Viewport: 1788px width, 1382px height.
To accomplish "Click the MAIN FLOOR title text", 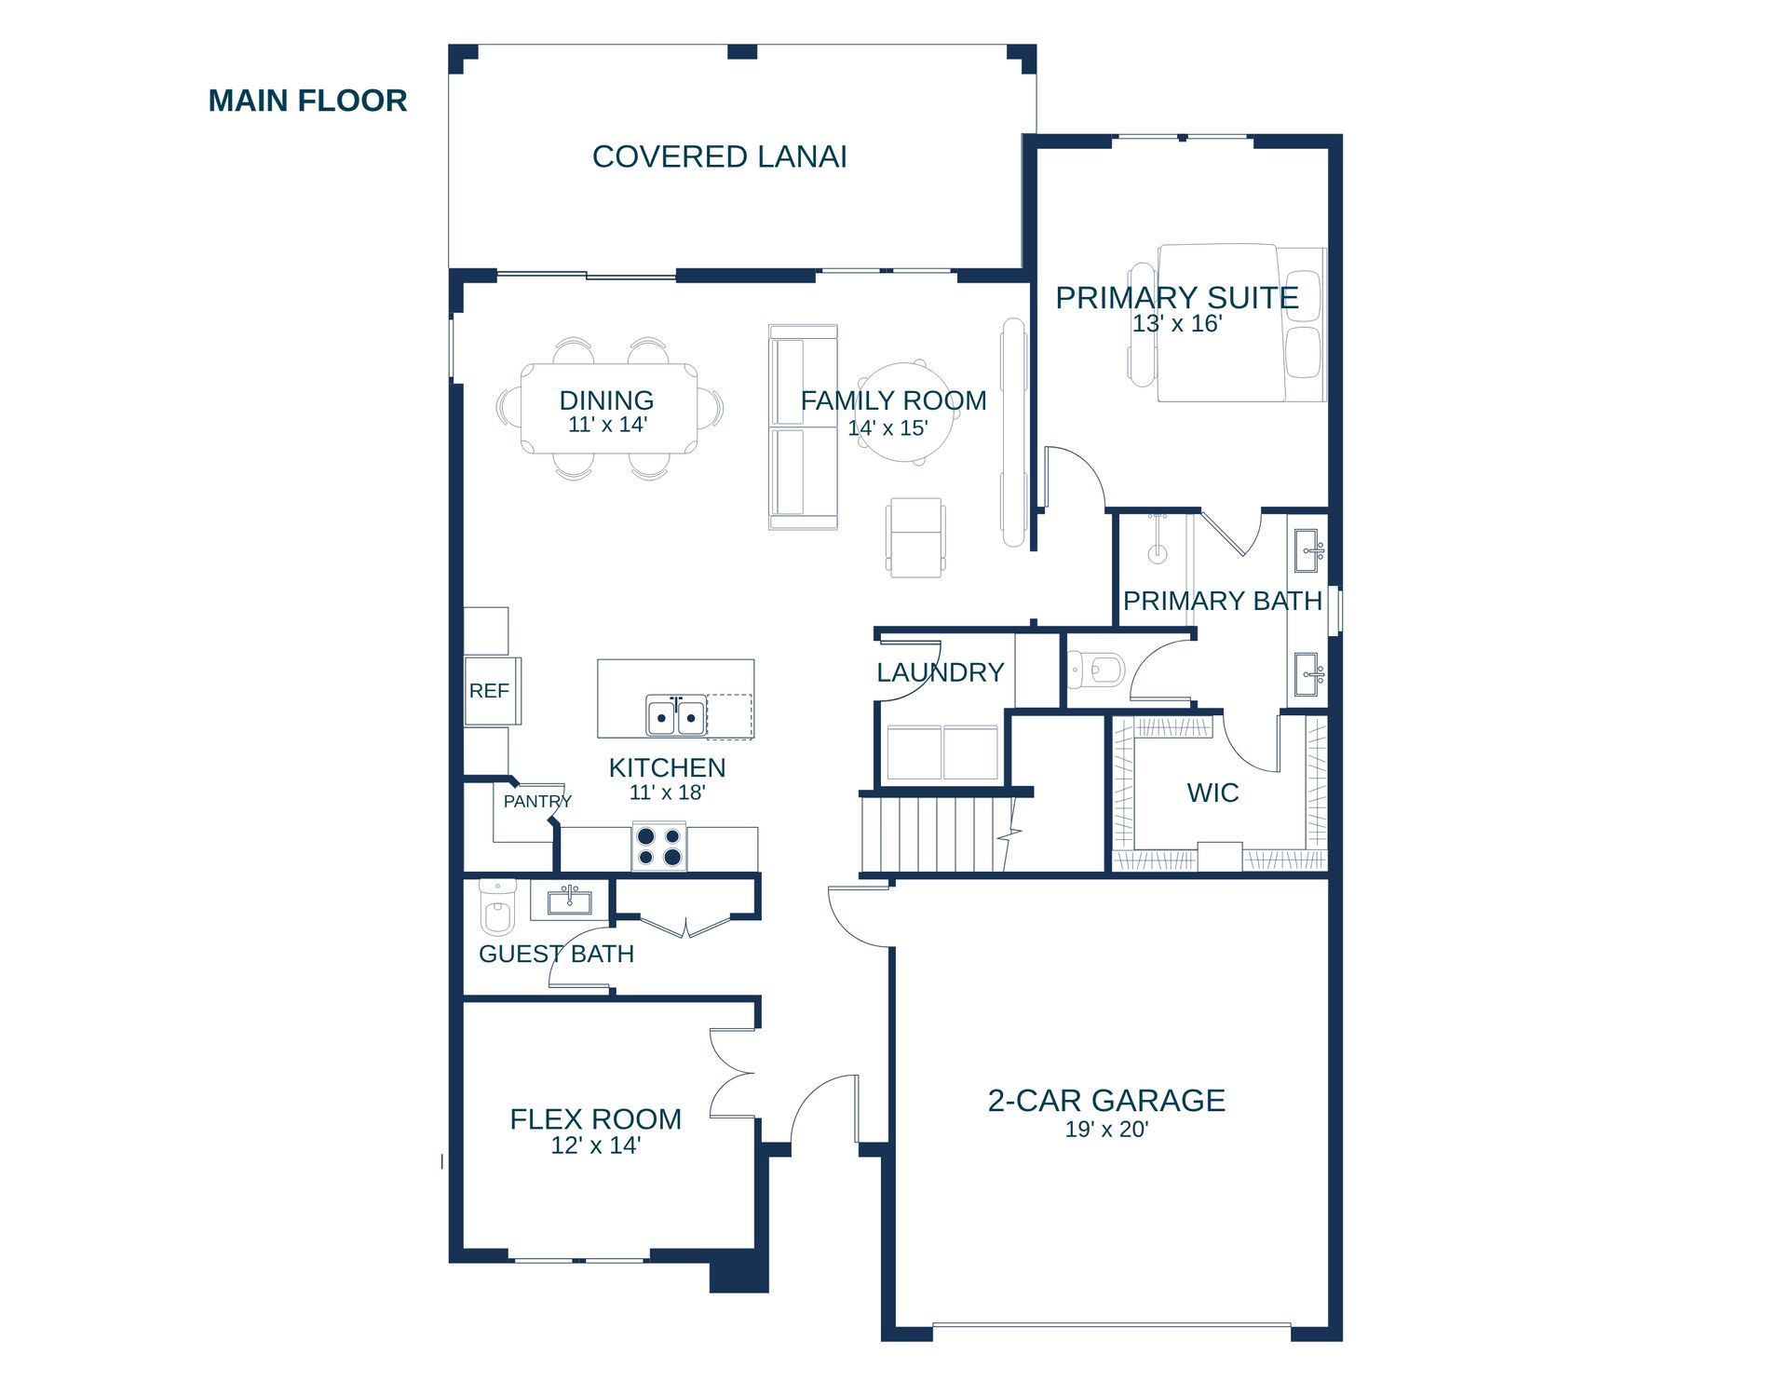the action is pyautogui.click(x=307, y=101).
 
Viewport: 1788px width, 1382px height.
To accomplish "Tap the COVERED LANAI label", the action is pyautogui.click(x=720, y=156).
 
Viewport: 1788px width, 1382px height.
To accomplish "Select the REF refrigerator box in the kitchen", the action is pyautogui.click(x=493, y=691).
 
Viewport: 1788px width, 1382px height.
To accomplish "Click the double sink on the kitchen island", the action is pyautogui.click(x=676, y=716).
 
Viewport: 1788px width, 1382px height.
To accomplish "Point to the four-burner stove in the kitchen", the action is pyautogui.click(x=659, y=847).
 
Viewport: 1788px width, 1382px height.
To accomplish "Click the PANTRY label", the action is pyautogui.click(x=537, y=801).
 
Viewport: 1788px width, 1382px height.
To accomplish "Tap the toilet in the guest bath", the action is pyautogui.click(x=497, y=906).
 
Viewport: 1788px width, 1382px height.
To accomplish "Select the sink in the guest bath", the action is pyautogui.click(x=569, y=901).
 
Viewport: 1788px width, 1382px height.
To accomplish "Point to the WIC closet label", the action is pyautogui.click(x=1212, y=793).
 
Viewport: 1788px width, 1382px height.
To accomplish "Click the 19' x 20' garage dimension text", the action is pyautogui.click(x=1106, y=1129).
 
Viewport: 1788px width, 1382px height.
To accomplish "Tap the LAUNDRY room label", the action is pyautogui.click(x=941, y=672).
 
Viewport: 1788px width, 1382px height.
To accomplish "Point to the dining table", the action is pyautogui.click(x=609, y=409).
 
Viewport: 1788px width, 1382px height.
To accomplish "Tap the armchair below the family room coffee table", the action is pyautogui.click(x=915, y=537).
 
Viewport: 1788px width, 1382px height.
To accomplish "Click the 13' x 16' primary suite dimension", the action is pyautogui.click(x=1177, y=323).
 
